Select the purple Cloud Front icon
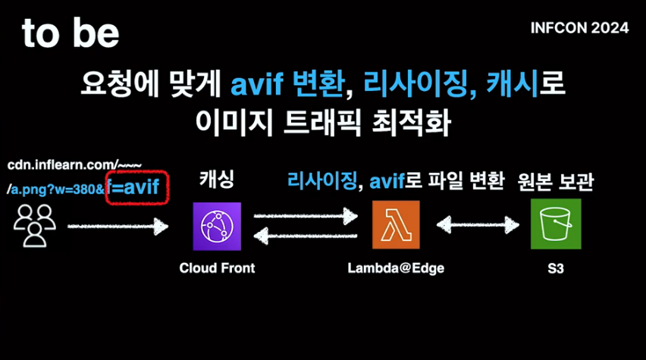(217, 226)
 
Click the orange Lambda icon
(396, 224)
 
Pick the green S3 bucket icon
(556, 224)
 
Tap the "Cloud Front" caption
(217, 268)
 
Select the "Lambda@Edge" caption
(396, 268)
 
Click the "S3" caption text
(556, 268)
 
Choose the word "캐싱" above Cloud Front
(217, 180)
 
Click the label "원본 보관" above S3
(556, 182)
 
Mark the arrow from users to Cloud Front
(117, 225)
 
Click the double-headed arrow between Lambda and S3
(476, 225)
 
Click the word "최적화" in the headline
(416, 121)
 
